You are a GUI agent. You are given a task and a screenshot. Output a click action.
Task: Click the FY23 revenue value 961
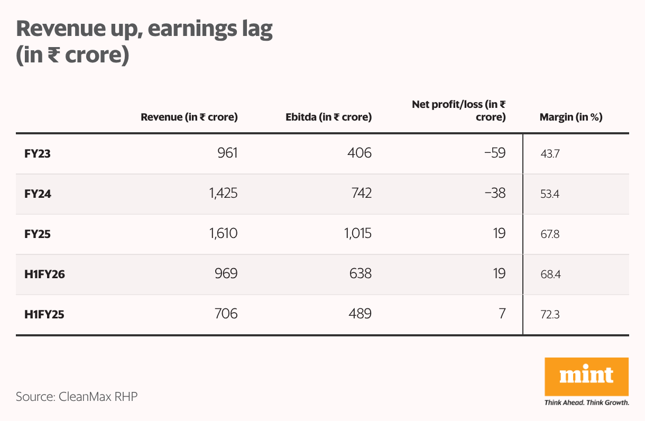coord(228,153)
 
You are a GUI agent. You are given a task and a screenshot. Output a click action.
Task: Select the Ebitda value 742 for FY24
coord(361,194)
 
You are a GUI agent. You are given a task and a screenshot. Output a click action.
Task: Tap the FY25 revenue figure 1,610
coord(223,234)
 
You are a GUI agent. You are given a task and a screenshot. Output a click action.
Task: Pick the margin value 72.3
coord(549,315)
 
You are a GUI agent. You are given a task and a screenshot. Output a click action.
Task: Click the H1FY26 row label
coord(44,274)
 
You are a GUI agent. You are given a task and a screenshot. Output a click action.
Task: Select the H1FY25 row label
coord(44,315)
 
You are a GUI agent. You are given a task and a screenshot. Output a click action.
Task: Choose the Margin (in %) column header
coord(571,117)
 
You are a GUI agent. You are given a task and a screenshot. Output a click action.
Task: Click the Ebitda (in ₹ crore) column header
coord(328,117)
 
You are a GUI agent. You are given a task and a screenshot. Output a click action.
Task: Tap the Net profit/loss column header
coord(459,111)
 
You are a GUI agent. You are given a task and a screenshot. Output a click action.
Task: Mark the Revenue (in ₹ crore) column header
coord(189,117)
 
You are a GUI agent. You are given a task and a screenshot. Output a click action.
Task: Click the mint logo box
coord(586,376)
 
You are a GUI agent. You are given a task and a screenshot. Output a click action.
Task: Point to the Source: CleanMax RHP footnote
coord(77,397)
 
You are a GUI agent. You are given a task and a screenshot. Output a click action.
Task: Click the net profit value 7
coord(502,314)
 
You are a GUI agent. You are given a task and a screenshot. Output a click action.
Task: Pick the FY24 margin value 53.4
coord(549,194)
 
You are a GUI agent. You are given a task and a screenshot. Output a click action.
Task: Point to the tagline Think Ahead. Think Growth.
coord(586,402)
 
